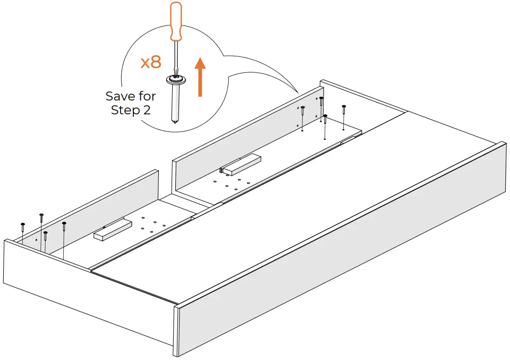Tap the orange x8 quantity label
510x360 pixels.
[x=150, y=62]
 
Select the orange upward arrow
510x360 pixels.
[x=200, y=77]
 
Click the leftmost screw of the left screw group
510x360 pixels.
[x=23, y=225]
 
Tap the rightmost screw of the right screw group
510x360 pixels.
[x=344, y=108]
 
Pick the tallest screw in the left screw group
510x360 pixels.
[x=41, y=215]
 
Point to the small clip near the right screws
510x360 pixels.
[x=348, y=140]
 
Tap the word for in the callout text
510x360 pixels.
[x=147, y=96]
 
